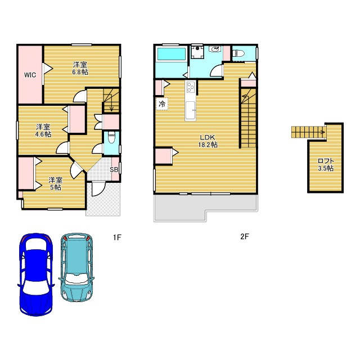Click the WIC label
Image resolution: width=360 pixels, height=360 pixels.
pyautogui.click(x=30, y=75)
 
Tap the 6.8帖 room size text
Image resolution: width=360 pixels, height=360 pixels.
pyautogui.click(x=80, y=72)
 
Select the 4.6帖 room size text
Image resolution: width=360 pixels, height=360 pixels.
pyautogui.click(x=43, y=134)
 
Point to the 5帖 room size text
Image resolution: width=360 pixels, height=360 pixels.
pyautogui.click(x=56, y=187)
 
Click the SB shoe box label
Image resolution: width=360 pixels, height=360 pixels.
pyautogui.click(x=114, y=170)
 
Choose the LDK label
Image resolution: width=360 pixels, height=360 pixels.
pyautogui.click(x=208, y=137)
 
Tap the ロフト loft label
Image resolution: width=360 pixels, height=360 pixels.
pyautogui.click(x=326, y=161)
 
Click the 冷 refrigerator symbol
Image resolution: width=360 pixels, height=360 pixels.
pyautogui.click(x=162, y=104)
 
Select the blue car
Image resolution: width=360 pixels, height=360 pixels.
pyautogui.click(x=36, y=274)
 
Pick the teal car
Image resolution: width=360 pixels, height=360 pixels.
pyautogui.click(x=76, y=268)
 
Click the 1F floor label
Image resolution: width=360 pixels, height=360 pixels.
pyautogui.click(x=117, y=237)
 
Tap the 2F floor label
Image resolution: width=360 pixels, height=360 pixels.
pyautogui.click(x=245, y=236)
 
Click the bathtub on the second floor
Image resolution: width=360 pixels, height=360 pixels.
pyautogui.click(x=171, y=54)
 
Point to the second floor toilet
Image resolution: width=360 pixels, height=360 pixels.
pyautogui.click(x=238, y=53)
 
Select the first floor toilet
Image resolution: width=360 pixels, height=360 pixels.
pyautogui.click(x=111, y=137)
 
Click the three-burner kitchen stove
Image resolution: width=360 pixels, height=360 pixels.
pyautogui.click(x=191, y=87)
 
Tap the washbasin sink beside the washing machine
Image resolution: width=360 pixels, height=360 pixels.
pyautogui.click(x=215, y=49)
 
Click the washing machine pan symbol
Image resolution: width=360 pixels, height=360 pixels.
pyautogui.click(x=197, y=52)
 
